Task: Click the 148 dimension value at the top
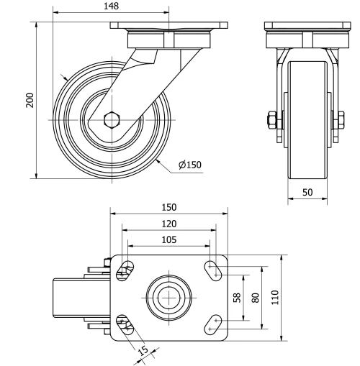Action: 110,6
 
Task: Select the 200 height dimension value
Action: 30,99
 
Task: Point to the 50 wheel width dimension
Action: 307,192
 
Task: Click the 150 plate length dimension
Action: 168,207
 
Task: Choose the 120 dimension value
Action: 168,224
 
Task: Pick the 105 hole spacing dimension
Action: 168,239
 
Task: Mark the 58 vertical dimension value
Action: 237,297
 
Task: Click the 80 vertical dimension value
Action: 254,297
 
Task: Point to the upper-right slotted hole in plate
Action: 214,270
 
